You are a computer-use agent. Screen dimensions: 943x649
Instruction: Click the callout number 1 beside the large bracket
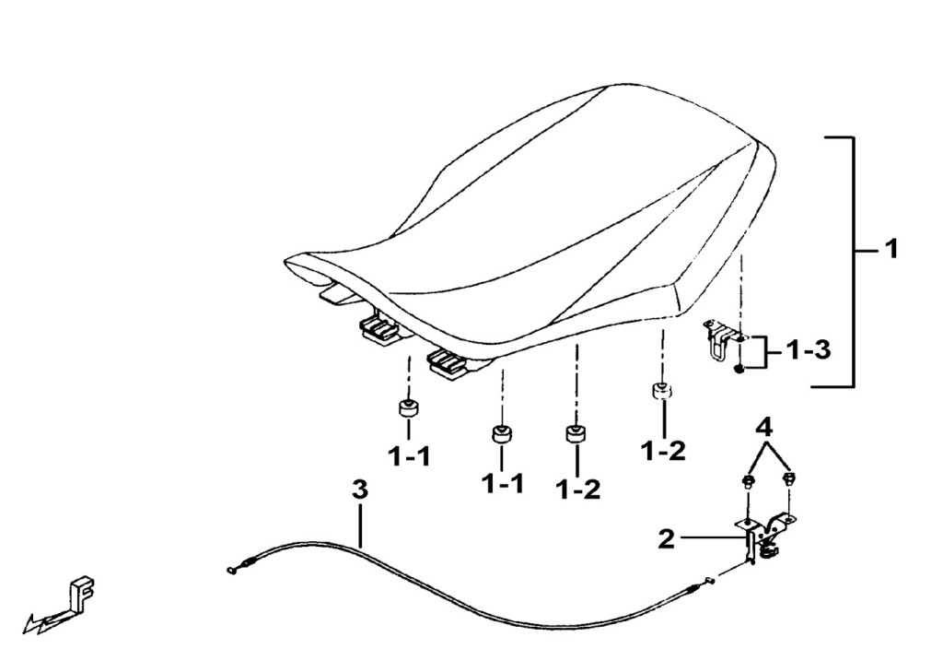click(891, 248)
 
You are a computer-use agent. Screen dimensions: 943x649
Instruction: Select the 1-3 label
click(809, 349)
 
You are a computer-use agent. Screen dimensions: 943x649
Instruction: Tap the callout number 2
click(667, 538)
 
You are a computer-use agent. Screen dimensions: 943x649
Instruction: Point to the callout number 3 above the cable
click(359, 490)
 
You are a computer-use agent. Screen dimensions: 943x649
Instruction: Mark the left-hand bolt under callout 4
click(748, 481)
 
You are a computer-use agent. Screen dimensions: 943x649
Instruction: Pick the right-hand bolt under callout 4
click(789, 479)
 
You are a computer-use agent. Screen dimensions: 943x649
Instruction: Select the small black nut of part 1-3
click(739, 369)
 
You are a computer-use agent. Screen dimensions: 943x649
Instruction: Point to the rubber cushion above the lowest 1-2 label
click(576, 433)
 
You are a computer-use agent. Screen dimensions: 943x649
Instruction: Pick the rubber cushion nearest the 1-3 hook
click(661, 390)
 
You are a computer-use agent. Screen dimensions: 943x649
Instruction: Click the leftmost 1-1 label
click(408, 457)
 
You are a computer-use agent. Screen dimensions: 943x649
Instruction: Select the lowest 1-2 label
click(578, 489)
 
